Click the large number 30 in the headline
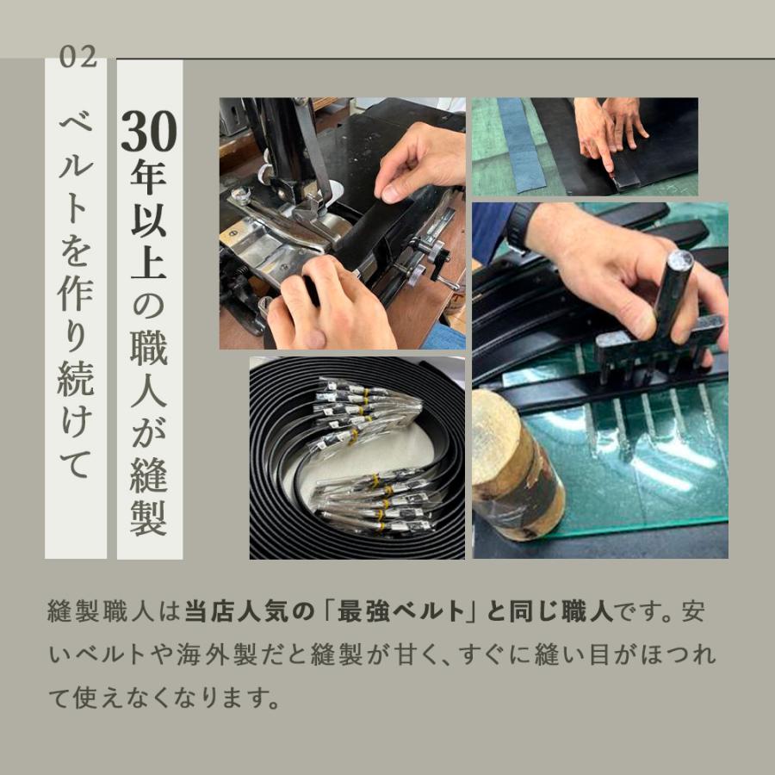coord(149,131)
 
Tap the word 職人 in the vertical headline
coord(149,369)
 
